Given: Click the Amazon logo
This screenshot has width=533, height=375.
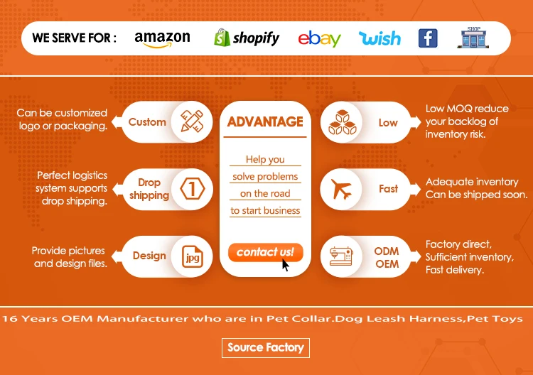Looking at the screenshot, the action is pyautogui.click(x=162, y=39).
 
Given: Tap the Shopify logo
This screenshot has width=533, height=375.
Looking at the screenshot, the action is pyautogui.click(x=247, y=38).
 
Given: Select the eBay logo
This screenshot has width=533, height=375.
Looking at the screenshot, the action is pyautogui.click(x=320, y=39).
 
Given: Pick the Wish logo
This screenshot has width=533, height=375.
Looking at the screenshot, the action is pyautogui.click(x=380, y=38).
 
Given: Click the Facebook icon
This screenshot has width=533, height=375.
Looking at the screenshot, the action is pyautogui.click(x=428, y=38).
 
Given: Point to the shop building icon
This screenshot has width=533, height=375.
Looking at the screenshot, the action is pyautogui.click(x=473, y=38).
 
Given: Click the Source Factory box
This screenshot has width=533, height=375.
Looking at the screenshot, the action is pyautogui.click(x=266, y=348).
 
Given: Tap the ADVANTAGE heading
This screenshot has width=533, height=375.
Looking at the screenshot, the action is pyautogui.click(x=265, y=121).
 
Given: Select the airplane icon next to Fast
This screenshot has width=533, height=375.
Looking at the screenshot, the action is pyautogui.click(x=341, y=189).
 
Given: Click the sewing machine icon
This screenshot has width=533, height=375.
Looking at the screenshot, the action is pyautogui.click(x=341, y=256).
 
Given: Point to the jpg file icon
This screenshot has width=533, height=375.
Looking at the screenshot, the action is pyautogui.click(x=193, y=256).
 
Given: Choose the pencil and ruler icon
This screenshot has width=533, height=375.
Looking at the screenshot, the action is pyautogui.click(x=192, y=121).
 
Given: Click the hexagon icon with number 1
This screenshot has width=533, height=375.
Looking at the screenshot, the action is pyautogui.click(x=193, y=188).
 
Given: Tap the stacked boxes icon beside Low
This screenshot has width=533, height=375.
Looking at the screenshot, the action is pyautogui.click(x=343, y=122).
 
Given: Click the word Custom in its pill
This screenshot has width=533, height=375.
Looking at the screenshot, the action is pyautogui.click(x=147, y=122).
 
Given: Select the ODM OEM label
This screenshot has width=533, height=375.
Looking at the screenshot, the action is pyautogui.click(x=387, y=258).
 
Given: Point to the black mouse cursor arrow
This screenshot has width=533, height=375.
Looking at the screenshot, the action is pyautogui.click(x=285, y=265).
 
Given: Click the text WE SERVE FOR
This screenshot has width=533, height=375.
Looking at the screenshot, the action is pyautogui.click(x=74, y=38).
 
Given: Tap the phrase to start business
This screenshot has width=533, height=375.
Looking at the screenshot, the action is pyautogui.click(x=265, y=211).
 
